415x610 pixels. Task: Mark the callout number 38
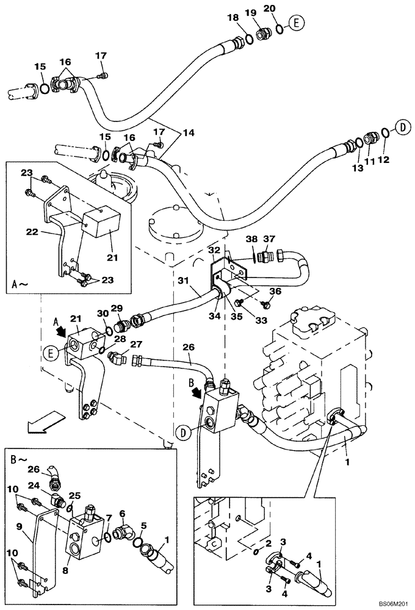[251, 239]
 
